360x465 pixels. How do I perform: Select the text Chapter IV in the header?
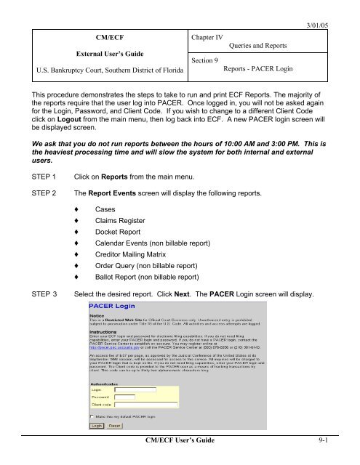(x=210, y=34)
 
